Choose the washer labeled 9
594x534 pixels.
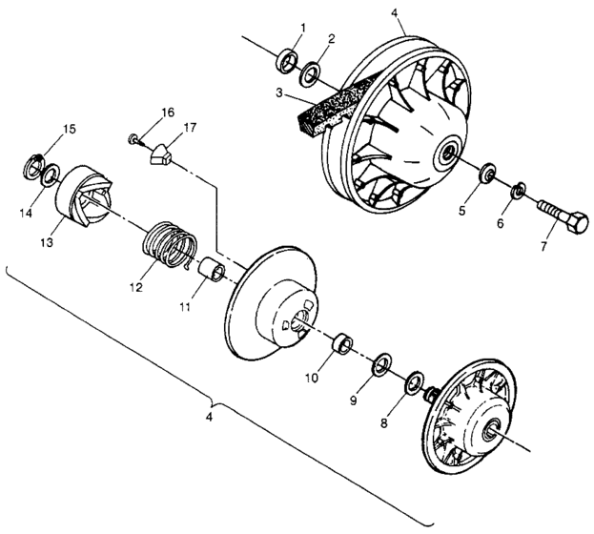pos(381,363)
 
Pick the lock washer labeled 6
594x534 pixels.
pos(520,191)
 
